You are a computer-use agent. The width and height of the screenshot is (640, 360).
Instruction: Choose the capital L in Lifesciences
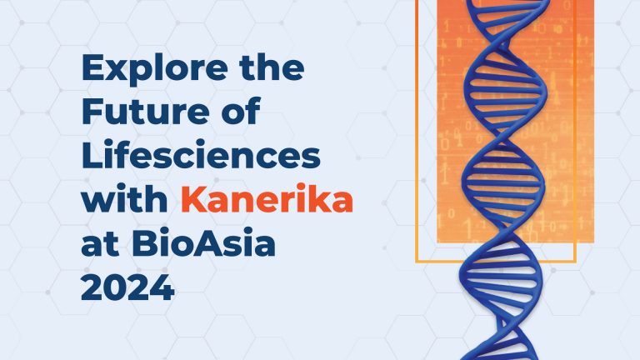pyautogui.click(x=91, y=158)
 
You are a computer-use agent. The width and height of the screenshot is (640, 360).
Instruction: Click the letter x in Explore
pyautogui.click(x=116, y=72)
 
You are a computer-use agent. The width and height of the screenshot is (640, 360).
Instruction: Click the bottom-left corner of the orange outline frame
pyautogui.click(x=417, y=262)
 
